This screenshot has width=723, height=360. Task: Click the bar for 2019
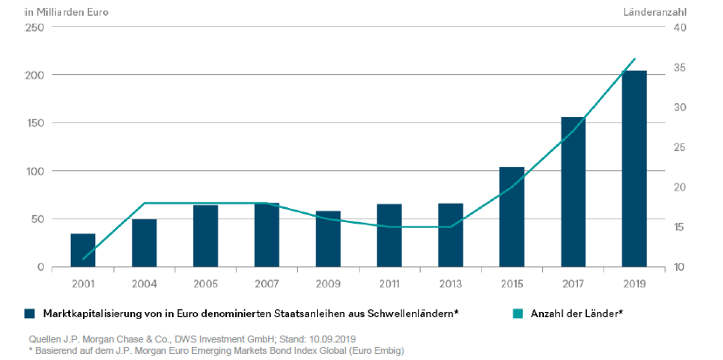click(634, 169)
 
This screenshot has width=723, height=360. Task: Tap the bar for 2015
click(512, 217)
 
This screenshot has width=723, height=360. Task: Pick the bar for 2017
click(573, 192)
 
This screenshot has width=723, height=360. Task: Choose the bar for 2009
click(328, 239)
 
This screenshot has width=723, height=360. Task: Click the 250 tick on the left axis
click(34, 28)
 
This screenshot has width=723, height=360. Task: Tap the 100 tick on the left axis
click(34, 171)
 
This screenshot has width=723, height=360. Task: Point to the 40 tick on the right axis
click(679, 28)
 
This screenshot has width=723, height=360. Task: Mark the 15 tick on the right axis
click(679, 227)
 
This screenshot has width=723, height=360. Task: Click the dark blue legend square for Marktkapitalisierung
click(30, 312)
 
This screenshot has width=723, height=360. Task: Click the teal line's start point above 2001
click(83, 260)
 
